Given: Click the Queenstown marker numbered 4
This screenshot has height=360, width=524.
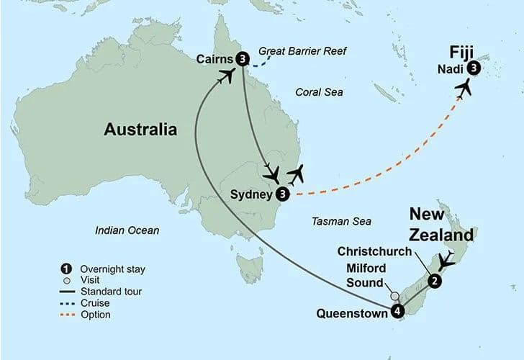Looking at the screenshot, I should coord(397,311).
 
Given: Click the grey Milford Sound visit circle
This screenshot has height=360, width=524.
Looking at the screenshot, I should coord(394,296).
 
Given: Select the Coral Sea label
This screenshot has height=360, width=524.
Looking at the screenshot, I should coord(320,92).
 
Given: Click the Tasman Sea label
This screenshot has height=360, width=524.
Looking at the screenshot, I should coord(341,222).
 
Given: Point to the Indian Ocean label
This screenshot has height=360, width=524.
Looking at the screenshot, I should coord(127,230).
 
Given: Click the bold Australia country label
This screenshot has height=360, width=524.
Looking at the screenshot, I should coord(140,130).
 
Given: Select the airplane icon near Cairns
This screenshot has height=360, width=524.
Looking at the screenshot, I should coord(227,75).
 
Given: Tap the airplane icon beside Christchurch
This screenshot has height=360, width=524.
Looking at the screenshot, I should coord(447,261).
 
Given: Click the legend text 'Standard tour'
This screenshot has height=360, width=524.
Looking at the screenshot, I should coord(112,292).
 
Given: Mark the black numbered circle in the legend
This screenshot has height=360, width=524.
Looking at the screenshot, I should coord(67,269).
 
